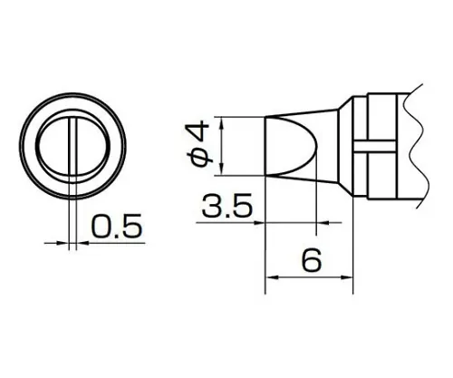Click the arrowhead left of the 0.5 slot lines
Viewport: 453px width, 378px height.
point(61,243)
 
